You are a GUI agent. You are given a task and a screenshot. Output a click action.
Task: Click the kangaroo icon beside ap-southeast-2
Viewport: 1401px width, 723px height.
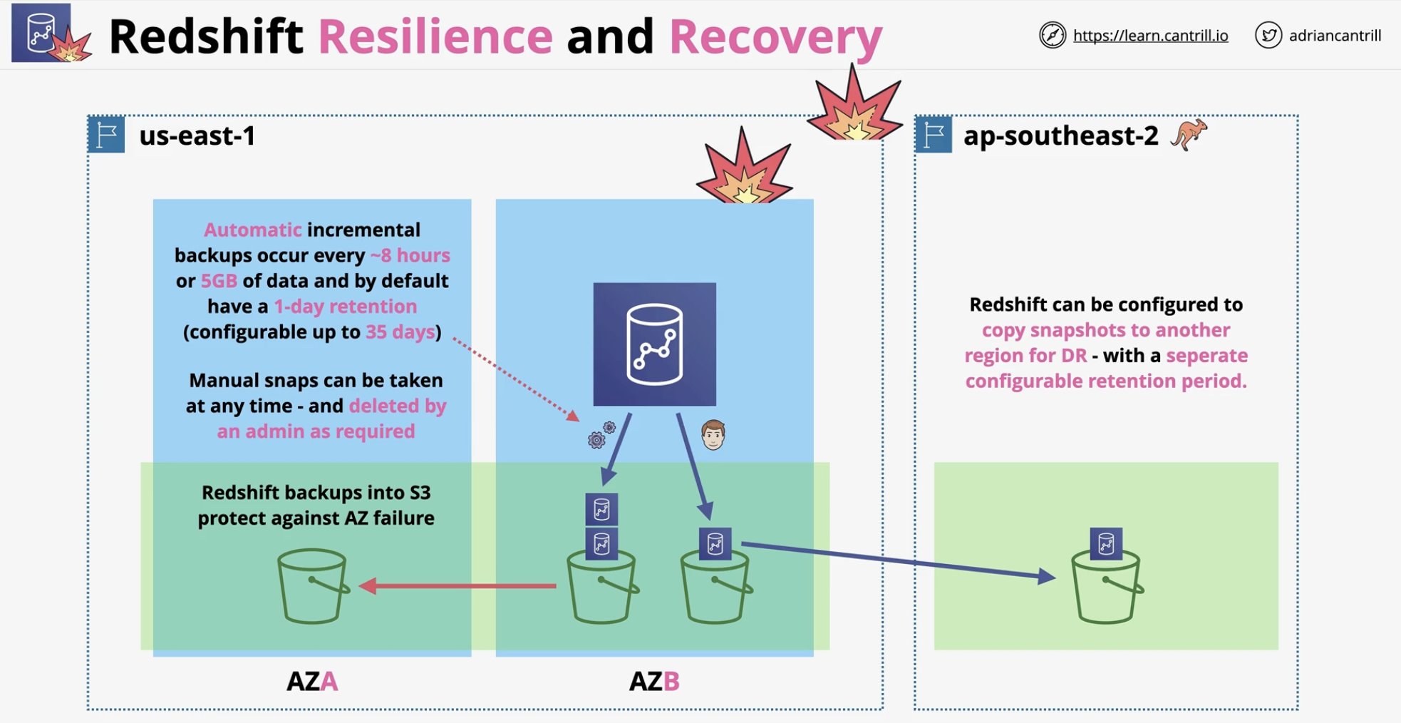click(1189, 134)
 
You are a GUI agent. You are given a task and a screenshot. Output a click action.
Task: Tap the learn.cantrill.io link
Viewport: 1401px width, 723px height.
click(1150, 36)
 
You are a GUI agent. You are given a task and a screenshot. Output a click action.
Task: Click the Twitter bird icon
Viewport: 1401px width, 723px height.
click(1268, 35)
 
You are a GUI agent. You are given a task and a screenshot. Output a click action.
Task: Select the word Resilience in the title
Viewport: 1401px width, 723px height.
click(435, 36)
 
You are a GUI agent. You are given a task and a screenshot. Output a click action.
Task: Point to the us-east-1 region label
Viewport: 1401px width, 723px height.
click(197, 135)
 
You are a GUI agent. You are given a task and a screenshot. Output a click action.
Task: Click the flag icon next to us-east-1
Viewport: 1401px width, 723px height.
click(106, 134)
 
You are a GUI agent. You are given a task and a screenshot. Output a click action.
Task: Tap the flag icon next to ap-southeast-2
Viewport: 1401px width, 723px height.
click(934, 134)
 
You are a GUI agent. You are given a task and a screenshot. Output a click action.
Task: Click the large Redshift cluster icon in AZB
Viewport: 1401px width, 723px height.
click(655, 344)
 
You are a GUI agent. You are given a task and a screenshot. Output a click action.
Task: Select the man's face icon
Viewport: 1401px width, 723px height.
click(713, 435)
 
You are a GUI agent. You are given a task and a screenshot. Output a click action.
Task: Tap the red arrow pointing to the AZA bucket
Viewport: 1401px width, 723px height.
click(457, 586)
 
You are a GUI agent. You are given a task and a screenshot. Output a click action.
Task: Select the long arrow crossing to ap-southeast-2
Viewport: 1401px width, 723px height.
click(899, 561)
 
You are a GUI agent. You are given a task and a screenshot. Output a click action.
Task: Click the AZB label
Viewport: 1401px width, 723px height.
click(654, 682)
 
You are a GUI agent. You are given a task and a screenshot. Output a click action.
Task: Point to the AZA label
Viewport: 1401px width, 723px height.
click(312, 682)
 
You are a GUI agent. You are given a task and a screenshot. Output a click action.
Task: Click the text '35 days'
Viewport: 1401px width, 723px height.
click(400, 332)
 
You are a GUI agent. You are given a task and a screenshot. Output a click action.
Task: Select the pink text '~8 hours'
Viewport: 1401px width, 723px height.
click(410, 255)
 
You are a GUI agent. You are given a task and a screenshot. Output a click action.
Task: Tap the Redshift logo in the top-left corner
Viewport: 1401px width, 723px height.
click(51, 33)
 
